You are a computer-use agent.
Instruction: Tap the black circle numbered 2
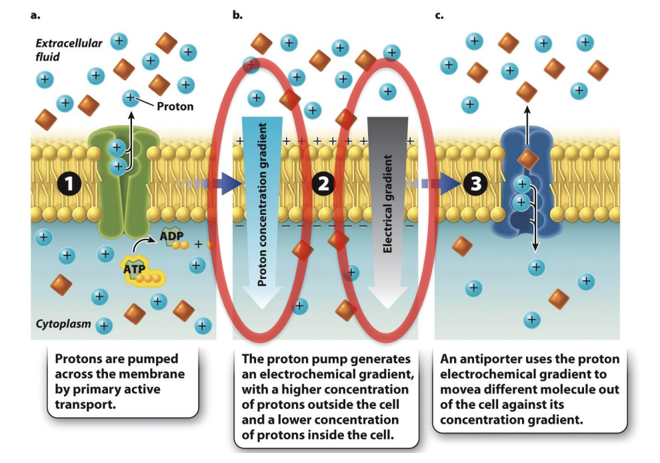(x=323, y=185)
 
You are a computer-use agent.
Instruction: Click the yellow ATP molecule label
(x=135, y=268)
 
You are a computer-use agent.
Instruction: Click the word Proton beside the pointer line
(x=175, y=106)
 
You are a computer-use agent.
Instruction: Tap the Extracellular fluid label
(x=59, y=50)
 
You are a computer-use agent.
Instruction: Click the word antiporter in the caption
(x=484, y=360)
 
